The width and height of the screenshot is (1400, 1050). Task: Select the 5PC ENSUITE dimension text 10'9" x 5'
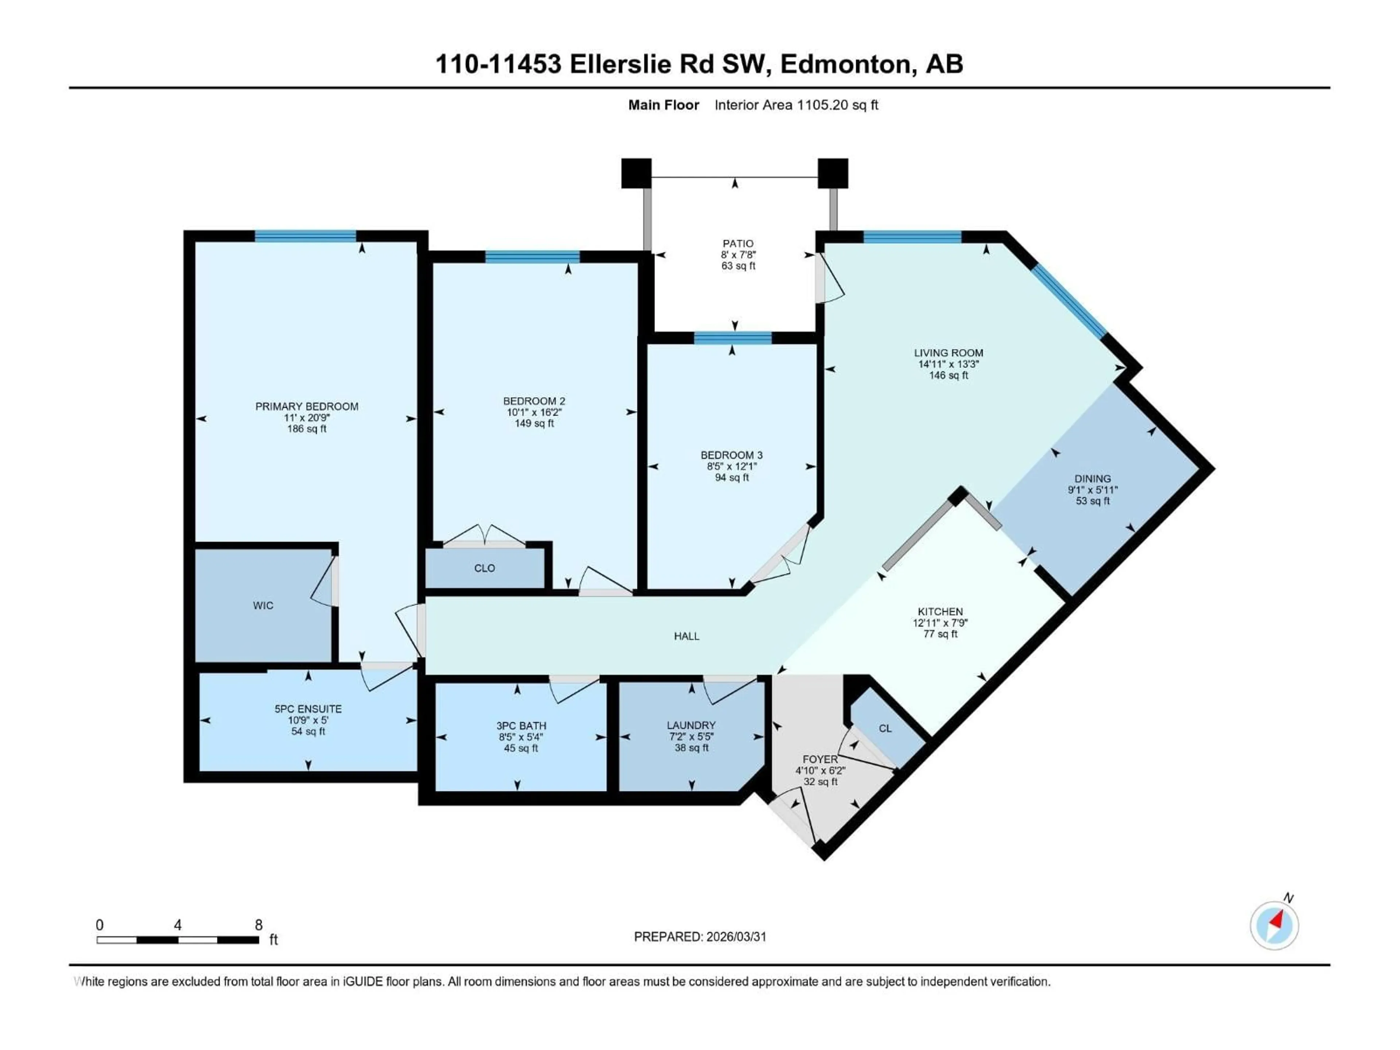pyautogui.click(x=308, y=720)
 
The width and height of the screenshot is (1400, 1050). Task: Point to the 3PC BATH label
pyautogui.click(x=521, y=726)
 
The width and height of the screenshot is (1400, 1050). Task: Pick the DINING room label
pyautogui.click(x=1092, y=478)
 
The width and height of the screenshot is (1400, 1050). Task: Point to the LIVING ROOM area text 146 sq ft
pyautogui.click(x=948, y=375)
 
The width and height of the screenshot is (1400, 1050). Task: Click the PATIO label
pyautogui.click(x=738, y=244)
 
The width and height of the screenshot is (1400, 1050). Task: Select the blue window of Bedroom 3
pyautogui.click(x=732, y=337)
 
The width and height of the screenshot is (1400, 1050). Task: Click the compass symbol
pyautogui.click(x=1274, y=925)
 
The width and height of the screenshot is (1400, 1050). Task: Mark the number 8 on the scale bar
pyautogui.click(x=258, y=925)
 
